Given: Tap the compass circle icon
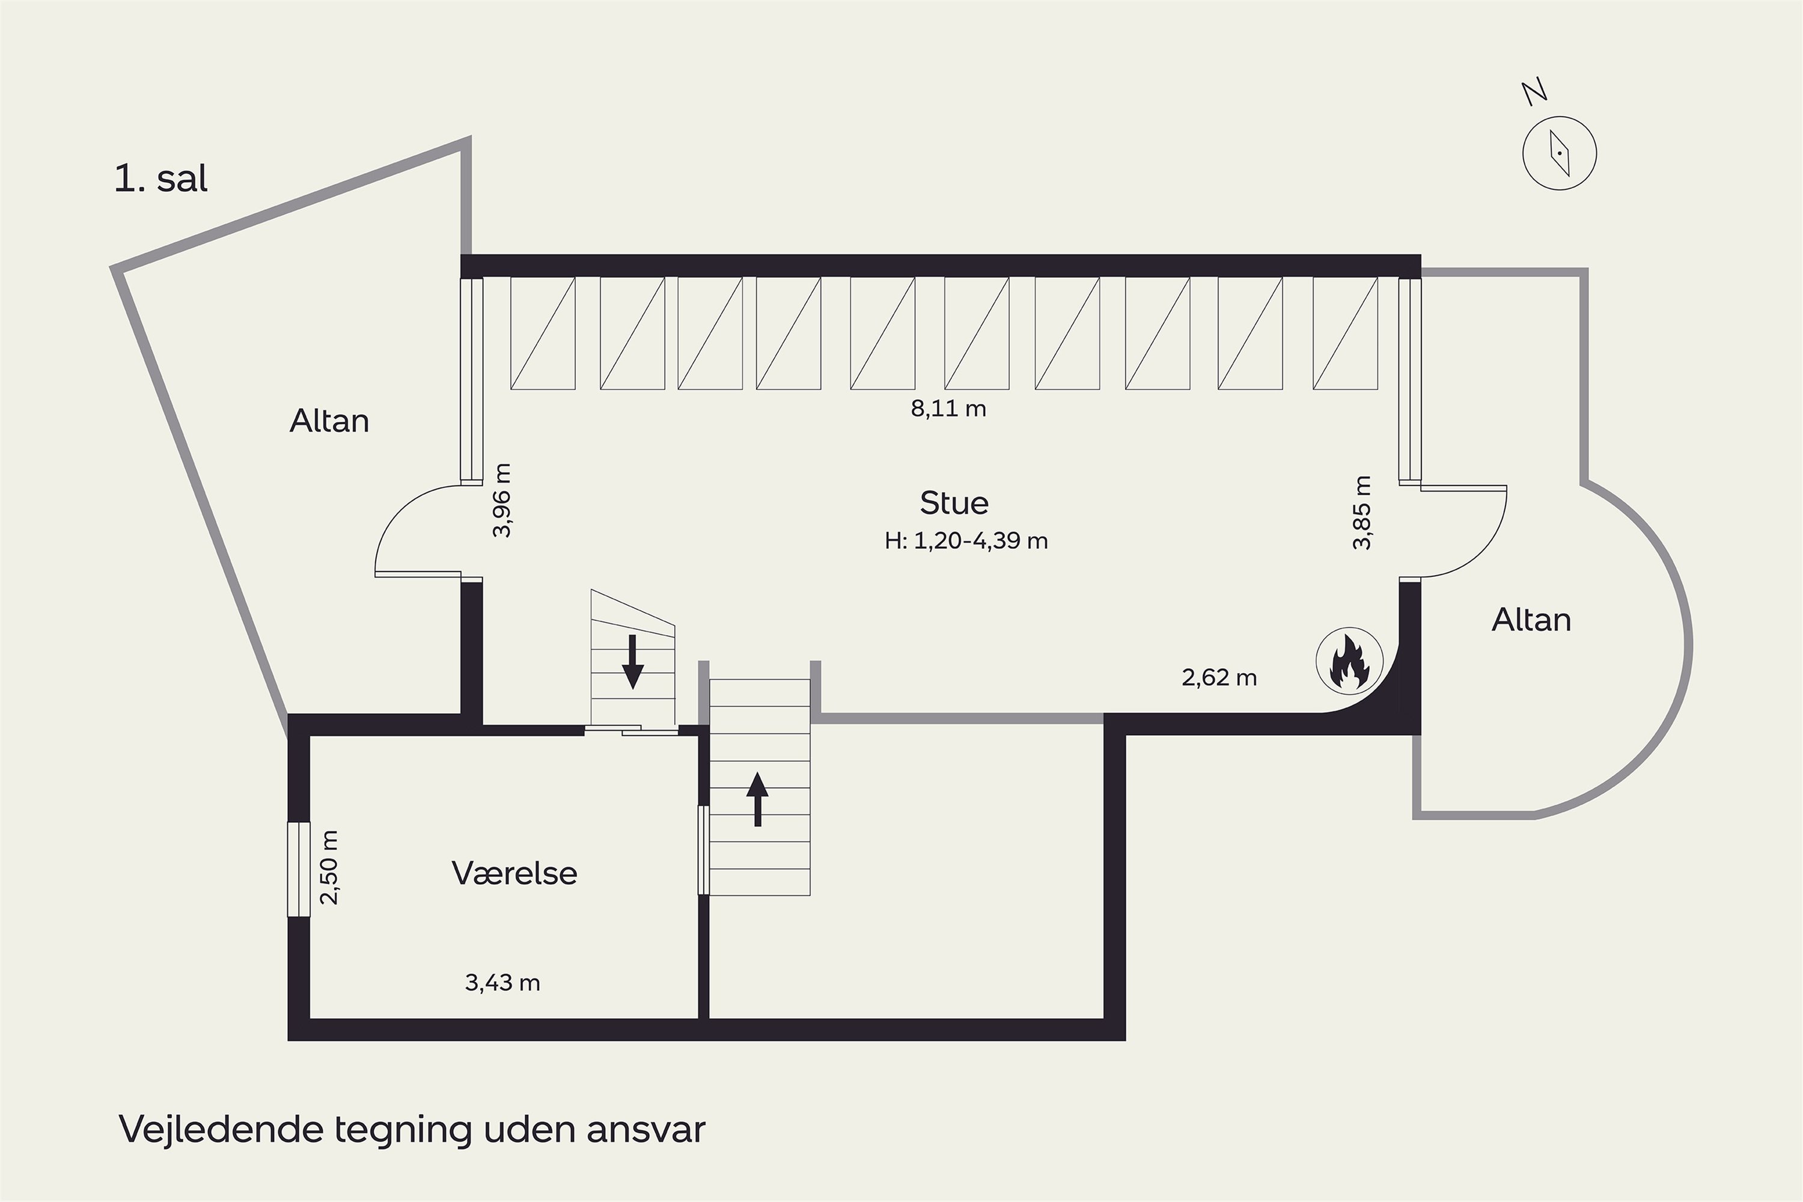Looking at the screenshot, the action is [1559, 153].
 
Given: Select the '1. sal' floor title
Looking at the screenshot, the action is [161, 178].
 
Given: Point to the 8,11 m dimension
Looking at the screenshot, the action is [948, 409].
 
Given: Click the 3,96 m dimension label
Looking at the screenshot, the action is [501, 501].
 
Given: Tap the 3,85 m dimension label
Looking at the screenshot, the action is [1361, 513].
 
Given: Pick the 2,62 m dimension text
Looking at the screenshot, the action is [1219, 678].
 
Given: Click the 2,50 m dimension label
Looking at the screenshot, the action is [329, 868].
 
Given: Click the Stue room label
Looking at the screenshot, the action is [954, 503].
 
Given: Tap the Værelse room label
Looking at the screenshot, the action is [514, 873].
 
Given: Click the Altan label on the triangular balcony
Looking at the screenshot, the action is [329, 421].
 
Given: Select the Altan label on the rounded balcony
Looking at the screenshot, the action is [1531, 620].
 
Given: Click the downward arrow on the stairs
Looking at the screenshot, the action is [632, 662].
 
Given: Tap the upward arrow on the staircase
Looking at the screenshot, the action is [757, 799].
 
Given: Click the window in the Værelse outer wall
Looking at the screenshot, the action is [299, 869].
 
